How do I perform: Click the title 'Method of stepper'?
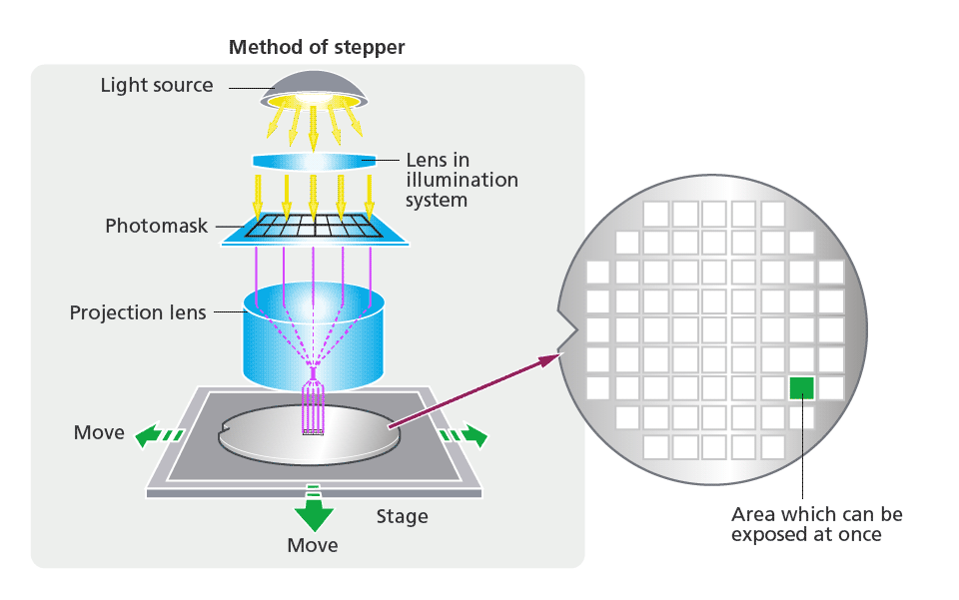click(317, 47)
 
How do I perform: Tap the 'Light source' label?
click(157, 86)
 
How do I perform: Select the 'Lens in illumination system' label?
click(462, 180)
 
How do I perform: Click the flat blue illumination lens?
click(314, 162)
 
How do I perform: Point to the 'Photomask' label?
click(157, 226)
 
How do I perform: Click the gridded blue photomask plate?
click(314, 230)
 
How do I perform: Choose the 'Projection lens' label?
click(138, 312)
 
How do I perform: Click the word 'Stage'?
click(403, 516)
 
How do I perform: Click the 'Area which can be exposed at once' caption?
click(816, 524)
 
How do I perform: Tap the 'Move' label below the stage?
click(313, 545)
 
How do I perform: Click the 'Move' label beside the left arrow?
click(99, 432)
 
